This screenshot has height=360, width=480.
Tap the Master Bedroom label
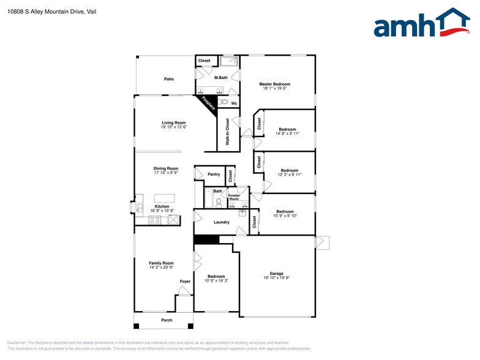[274, 84]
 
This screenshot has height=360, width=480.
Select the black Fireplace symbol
[208, 103]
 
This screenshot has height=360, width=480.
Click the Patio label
[168, 79]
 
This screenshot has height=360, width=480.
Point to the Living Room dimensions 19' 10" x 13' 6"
[173, 127]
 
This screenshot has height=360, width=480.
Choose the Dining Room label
[165, 168]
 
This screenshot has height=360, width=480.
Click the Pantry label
[214, 174]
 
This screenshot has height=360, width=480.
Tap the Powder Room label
[234, 197]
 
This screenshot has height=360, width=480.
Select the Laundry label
[221, 222]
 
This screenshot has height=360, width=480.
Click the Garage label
[277, 273]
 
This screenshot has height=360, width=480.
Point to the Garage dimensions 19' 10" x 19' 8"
[277, 278]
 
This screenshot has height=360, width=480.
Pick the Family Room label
[161, 263]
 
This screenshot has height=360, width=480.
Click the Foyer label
[185, 282]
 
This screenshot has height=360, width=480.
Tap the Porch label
[167, 320]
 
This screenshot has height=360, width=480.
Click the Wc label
[234, 103]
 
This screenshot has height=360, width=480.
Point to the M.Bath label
[220, 78]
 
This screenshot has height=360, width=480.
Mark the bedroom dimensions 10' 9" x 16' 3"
[216, 281]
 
